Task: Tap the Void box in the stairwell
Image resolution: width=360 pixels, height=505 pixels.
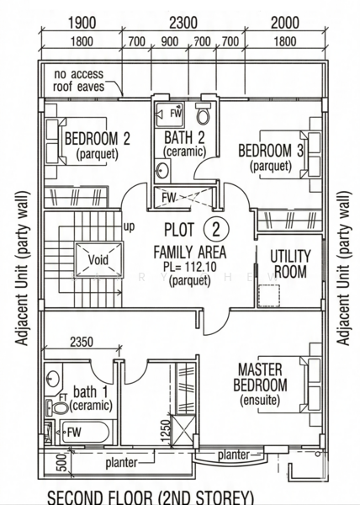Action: click(x=98, y=260)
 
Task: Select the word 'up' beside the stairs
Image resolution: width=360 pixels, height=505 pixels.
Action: click(x=129, y=227)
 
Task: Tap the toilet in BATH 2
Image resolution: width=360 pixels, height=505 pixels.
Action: click(x=204, y=113)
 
